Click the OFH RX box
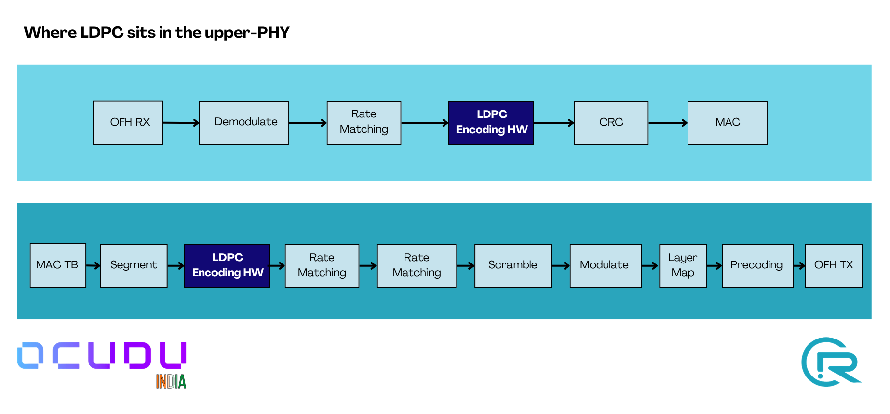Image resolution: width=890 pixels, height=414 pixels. click(x=128, y=122)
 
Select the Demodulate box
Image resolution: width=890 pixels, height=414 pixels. click(x=244, y=122)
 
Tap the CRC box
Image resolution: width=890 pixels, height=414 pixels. click(x=611, y=122)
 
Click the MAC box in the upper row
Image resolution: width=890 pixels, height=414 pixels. click(x=727, y=122)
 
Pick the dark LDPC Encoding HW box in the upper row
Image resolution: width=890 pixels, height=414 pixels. click(x=491, y=122)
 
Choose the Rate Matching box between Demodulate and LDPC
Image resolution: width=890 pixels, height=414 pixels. click(x=364, y=122)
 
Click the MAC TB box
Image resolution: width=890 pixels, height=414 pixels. click(x=58, y=265)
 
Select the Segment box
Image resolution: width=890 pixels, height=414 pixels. click(x=134, y=265)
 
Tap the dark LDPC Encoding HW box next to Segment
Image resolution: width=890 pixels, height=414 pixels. click(x=227, y=265)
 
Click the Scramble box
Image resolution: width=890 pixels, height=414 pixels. click(x=513, y=265)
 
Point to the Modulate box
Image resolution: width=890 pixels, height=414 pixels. click(x=605, y=265)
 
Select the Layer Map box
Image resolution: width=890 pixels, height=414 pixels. click(x=683, y=265)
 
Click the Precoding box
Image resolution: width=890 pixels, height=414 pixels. click(x=757, y=265)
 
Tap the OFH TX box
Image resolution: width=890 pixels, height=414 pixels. click(x=834, y=265)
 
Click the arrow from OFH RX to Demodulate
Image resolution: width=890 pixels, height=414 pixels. click(x=181, y=123)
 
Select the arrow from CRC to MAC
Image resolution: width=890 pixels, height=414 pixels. click(x=668, y=123)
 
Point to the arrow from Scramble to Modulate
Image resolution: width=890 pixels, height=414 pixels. click(x=561, y=266)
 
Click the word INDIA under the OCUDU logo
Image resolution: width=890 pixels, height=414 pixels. click(x=171, y=381)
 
